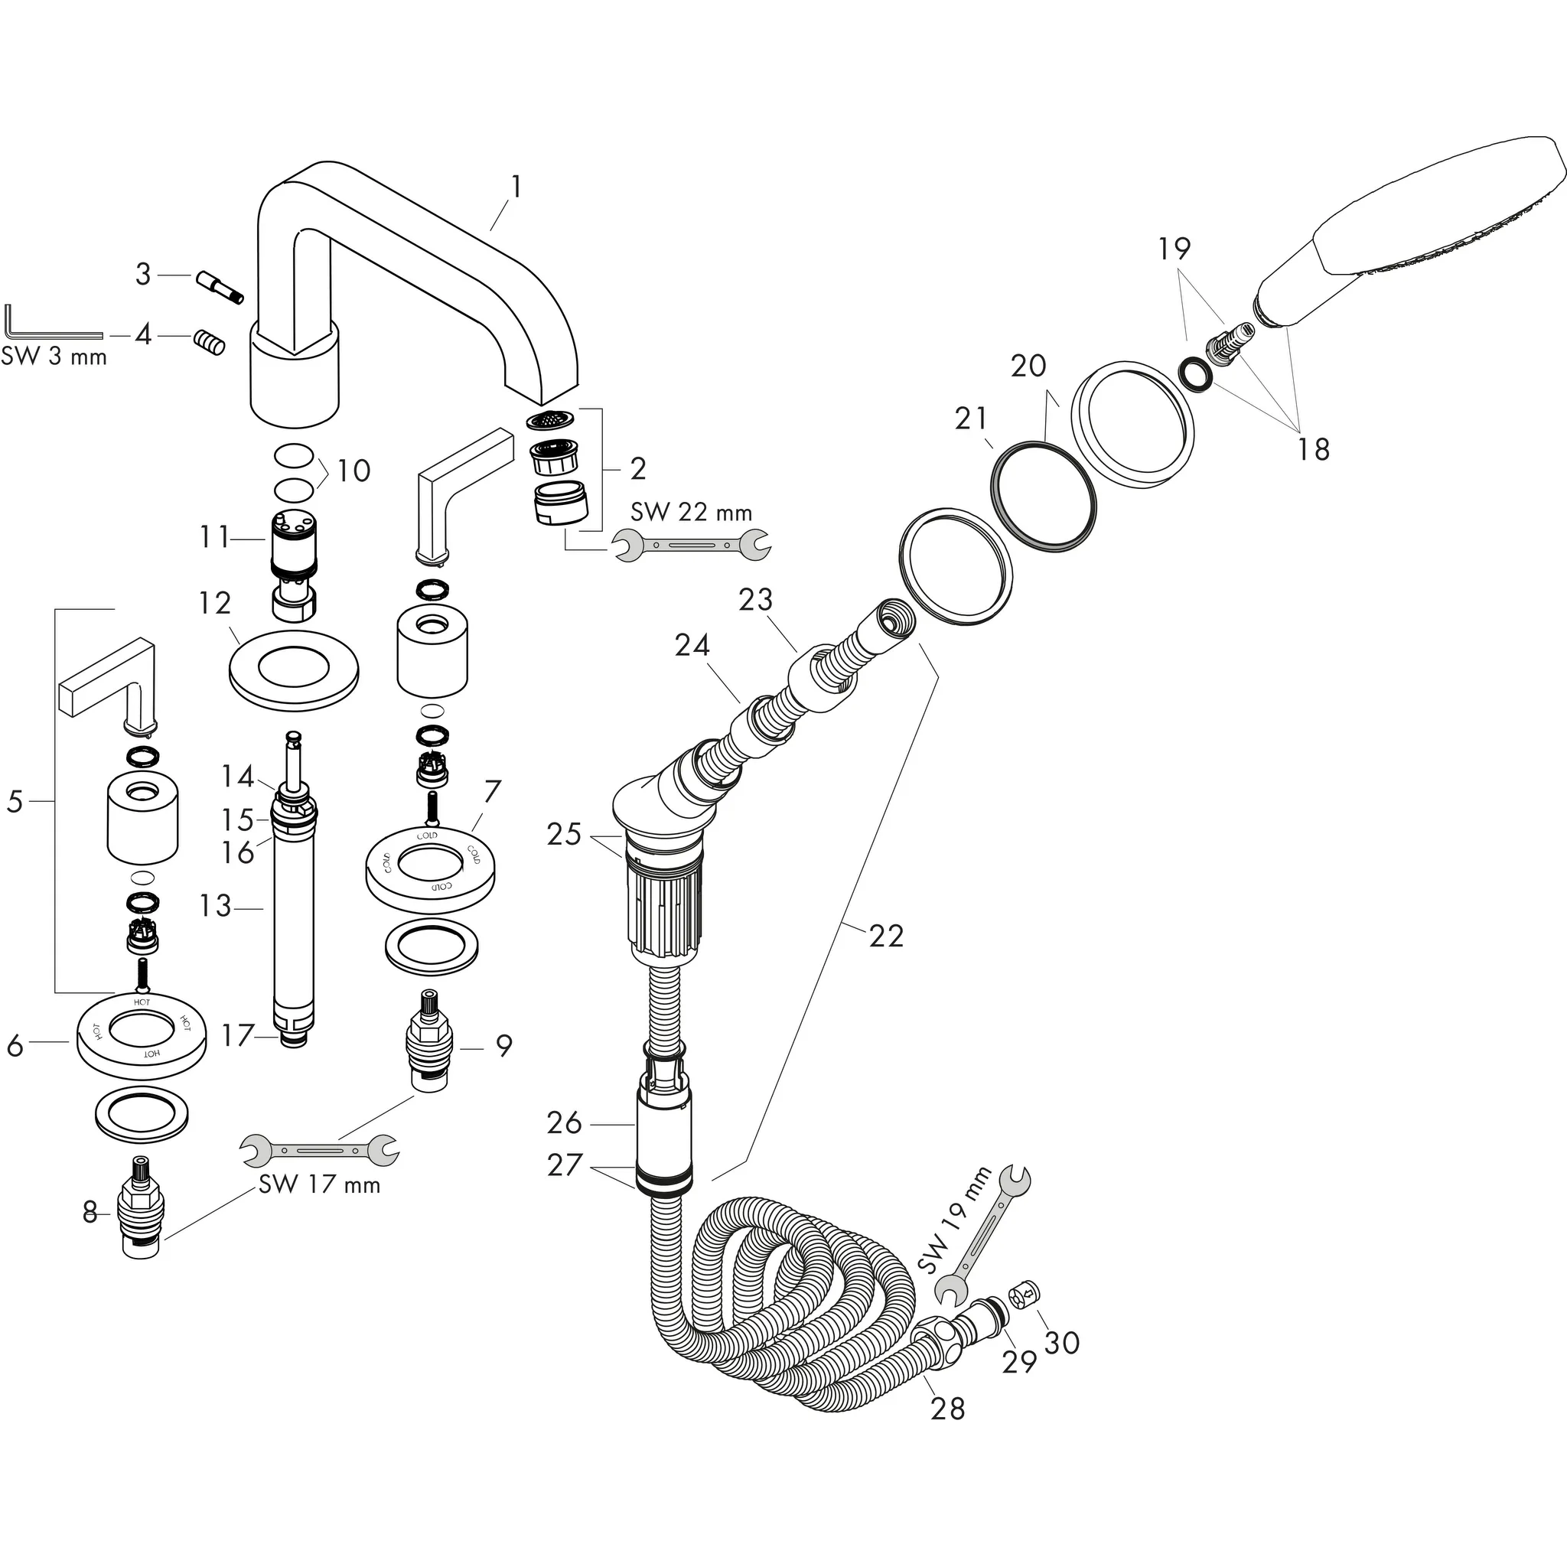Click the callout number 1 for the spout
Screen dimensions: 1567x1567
pyautogui.click(x=516, y=187)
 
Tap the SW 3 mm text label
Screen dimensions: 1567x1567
pyautogui.click(x=54, y=356)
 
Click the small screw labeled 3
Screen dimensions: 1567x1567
pyautogui.click(x=219, y=287)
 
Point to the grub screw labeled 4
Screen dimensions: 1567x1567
pyautogui.click(x=208, y=342)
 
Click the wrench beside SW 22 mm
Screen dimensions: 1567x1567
pyautogui.click(x=691, y=545)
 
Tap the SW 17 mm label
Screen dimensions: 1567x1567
pyautogui.click(x=319, y=1184)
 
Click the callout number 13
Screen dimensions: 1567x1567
pyautogui.click(x=216, y=905)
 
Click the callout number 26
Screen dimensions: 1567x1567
pyautogui.click(x=565, y=1122)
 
